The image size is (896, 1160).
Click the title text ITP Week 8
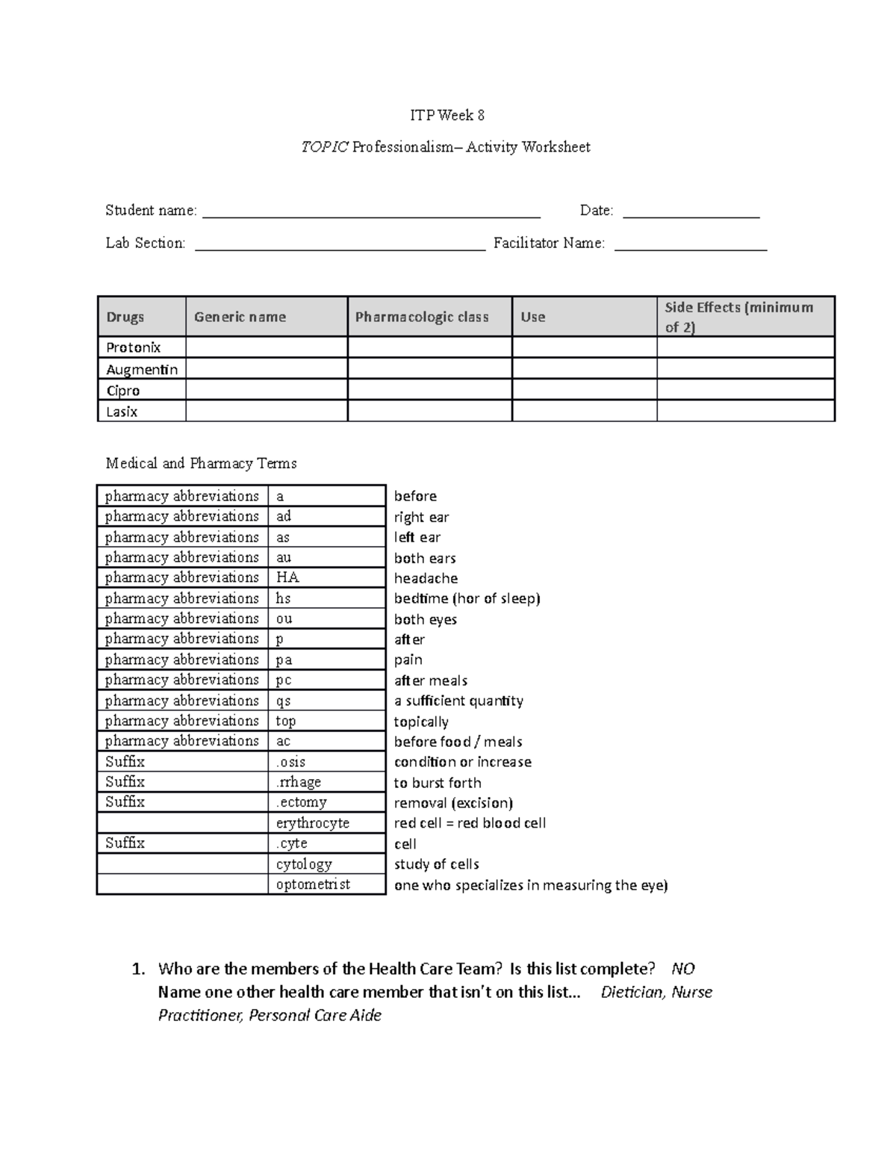(x=447, y=115)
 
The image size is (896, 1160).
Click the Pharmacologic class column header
(x=422, y=317)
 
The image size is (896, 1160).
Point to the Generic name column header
(x=240, y=317)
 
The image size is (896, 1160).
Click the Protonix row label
(x=134, y=347)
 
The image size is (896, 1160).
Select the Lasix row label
(x=122, y=412)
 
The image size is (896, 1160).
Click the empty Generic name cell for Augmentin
(x=267, y=369)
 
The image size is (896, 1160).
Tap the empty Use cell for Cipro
(x=584, y=390)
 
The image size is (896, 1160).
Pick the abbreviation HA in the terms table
(x=287, y=577)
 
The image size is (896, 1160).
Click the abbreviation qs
(x=283, y=701)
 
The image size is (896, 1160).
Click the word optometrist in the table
(x=313, y=884)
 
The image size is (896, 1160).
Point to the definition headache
(x=426, y=578)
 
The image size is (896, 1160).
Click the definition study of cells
(x=437, y=864)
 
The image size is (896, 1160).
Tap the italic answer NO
(x=682, y=969)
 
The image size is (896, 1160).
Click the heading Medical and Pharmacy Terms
(x=201, y=463)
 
